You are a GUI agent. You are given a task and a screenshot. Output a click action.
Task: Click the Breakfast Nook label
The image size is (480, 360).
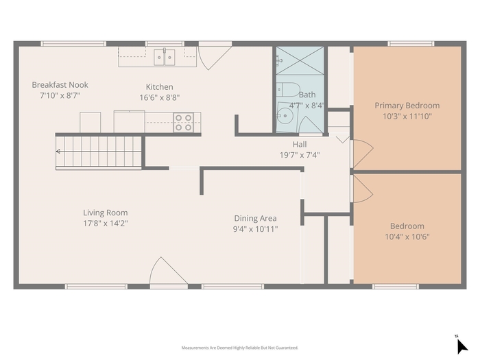(60, 85)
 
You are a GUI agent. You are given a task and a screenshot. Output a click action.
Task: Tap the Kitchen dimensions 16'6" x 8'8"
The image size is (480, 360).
(160, 97)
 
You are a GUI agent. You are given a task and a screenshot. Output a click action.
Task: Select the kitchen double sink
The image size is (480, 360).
(165, 57)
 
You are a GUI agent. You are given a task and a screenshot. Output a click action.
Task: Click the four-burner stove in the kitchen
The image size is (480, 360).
(183, 123)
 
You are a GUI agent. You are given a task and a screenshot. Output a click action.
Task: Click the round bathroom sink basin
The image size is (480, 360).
(285, 116)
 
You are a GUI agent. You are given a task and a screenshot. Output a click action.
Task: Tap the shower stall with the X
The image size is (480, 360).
(300, 60)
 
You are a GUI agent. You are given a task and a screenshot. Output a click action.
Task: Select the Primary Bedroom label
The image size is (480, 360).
(407, 106)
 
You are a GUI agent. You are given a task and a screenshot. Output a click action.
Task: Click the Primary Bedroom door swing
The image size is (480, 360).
(363, 153)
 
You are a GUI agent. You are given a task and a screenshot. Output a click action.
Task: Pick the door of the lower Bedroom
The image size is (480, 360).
(363, 189)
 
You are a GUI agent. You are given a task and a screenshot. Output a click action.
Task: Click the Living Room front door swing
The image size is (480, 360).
(169, 271)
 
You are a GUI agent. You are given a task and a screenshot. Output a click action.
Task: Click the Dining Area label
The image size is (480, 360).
(255, 218)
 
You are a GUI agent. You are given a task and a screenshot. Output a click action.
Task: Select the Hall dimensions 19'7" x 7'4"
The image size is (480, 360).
(300, 155)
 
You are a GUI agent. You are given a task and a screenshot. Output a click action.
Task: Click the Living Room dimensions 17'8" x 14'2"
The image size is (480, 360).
(106, 223)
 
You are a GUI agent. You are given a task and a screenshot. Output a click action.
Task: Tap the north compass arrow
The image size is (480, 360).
(461, 346)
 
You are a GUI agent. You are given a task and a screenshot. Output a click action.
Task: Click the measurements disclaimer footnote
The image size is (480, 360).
(240, 348)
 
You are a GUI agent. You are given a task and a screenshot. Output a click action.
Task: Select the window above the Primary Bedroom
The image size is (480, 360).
(411, 43)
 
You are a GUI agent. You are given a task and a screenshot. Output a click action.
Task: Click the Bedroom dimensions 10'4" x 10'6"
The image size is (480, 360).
(407, 237)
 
